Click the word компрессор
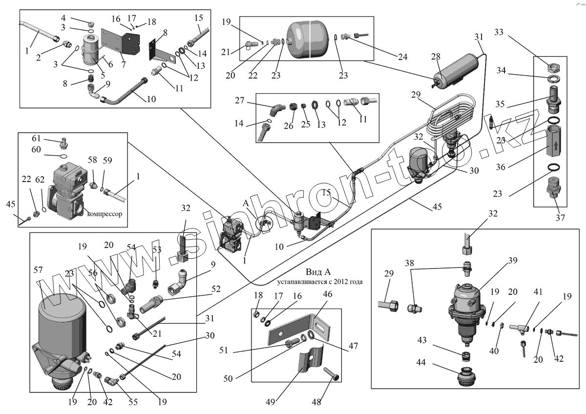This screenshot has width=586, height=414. point(105,214)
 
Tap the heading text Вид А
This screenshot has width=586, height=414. point(318,272)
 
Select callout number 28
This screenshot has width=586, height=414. point(436,57)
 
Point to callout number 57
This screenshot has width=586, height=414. point(38,269)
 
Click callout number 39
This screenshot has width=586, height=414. point(512,260)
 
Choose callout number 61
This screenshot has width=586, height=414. point(36,138)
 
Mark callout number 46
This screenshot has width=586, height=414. point(327,294)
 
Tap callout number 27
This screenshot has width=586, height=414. point(239,101)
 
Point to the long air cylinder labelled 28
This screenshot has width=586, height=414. point(456,71)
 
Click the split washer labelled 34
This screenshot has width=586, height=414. point(553,79)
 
